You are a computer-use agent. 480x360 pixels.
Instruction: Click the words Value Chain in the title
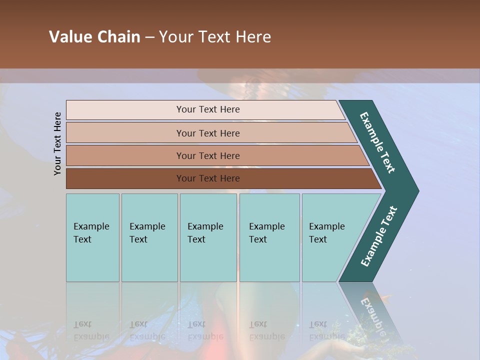click(94, 37)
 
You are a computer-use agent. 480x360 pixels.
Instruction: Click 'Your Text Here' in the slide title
click(215, 37)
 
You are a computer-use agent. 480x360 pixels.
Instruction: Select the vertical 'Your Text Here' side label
click(57, 144)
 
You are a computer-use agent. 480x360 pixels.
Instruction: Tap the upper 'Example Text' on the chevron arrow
click(377, 142)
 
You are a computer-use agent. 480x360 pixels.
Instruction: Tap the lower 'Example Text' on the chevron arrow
click(378, 236)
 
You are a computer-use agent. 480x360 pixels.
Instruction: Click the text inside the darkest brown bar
click(208, 178)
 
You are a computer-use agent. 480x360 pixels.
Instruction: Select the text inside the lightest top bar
click(208, 109)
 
